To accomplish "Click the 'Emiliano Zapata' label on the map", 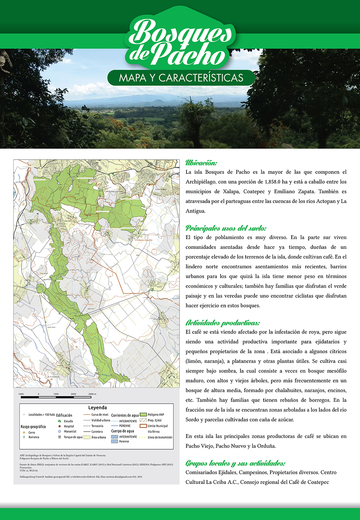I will tap(144, 240).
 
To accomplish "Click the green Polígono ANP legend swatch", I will tap(143, 414).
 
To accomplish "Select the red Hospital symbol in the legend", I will tap(59, 426).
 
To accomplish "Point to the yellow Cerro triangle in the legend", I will tap(24, 432).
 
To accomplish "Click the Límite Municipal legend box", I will tap(143, 426).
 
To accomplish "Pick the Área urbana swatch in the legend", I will tap(87, 437).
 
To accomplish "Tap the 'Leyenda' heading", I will tap(97, 408).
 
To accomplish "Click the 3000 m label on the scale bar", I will tap(93, 394).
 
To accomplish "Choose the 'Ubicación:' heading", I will tap(201, 163).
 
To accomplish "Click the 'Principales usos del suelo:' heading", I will tap(226, 228).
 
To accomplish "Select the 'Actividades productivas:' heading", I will tap(222, 323).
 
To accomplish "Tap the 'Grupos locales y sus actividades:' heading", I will tap(235, 463).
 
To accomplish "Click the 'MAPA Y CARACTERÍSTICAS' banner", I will tap(181, 78).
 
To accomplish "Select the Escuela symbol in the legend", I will tap(59, 421).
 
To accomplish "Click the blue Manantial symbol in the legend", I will tap(59, 431).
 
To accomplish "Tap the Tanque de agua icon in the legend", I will tap(59, 437).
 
